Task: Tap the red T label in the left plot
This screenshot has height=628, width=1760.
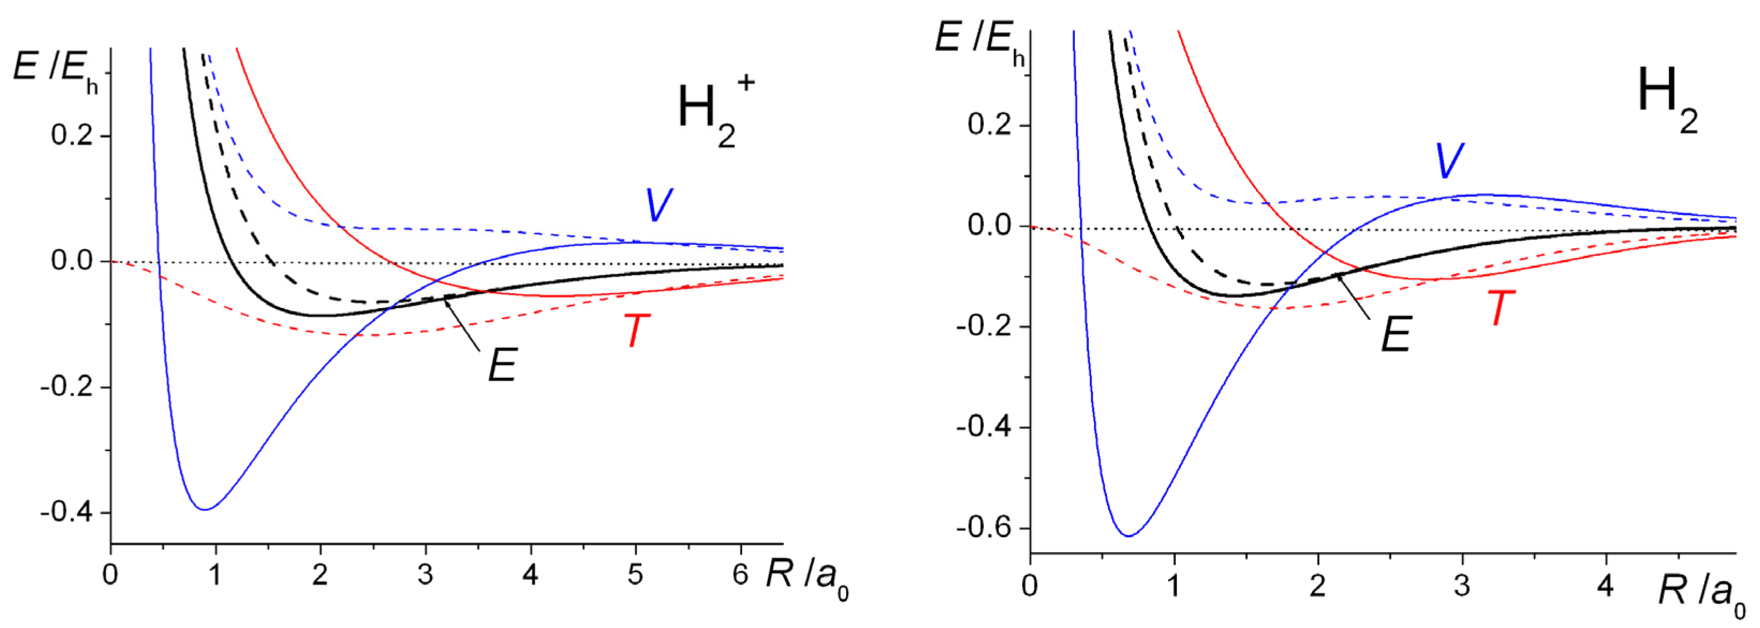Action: point(637,331)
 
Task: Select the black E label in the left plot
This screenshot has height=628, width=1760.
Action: point(502,365)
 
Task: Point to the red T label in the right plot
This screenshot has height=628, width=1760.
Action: point(1500,308)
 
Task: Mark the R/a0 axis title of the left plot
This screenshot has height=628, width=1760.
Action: point(806,578)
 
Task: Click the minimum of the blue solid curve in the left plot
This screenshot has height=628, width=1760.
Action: point(205,509)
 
